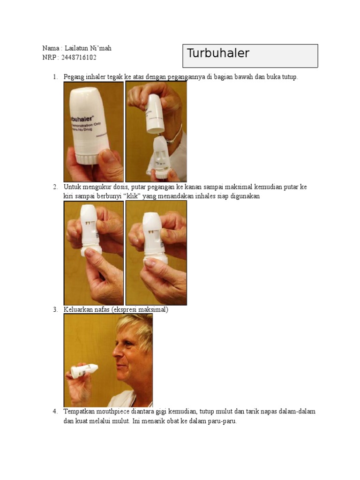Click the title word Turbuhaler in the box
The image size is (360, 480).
coord(218,53)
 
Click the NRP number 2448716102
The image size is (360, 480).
coord(79,58)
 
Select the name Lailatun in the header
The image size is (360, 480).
coord(76,48)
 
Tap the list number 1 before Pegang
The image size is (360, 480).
coord(55,77)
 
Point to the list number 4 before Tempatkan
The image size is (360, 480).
coord(55,412)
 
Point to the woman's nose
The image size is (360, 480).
coord(116,351)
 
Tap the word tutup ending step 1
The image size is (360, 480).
coord(290,77)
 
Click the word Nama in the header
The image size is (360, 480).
coord(51,48)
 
